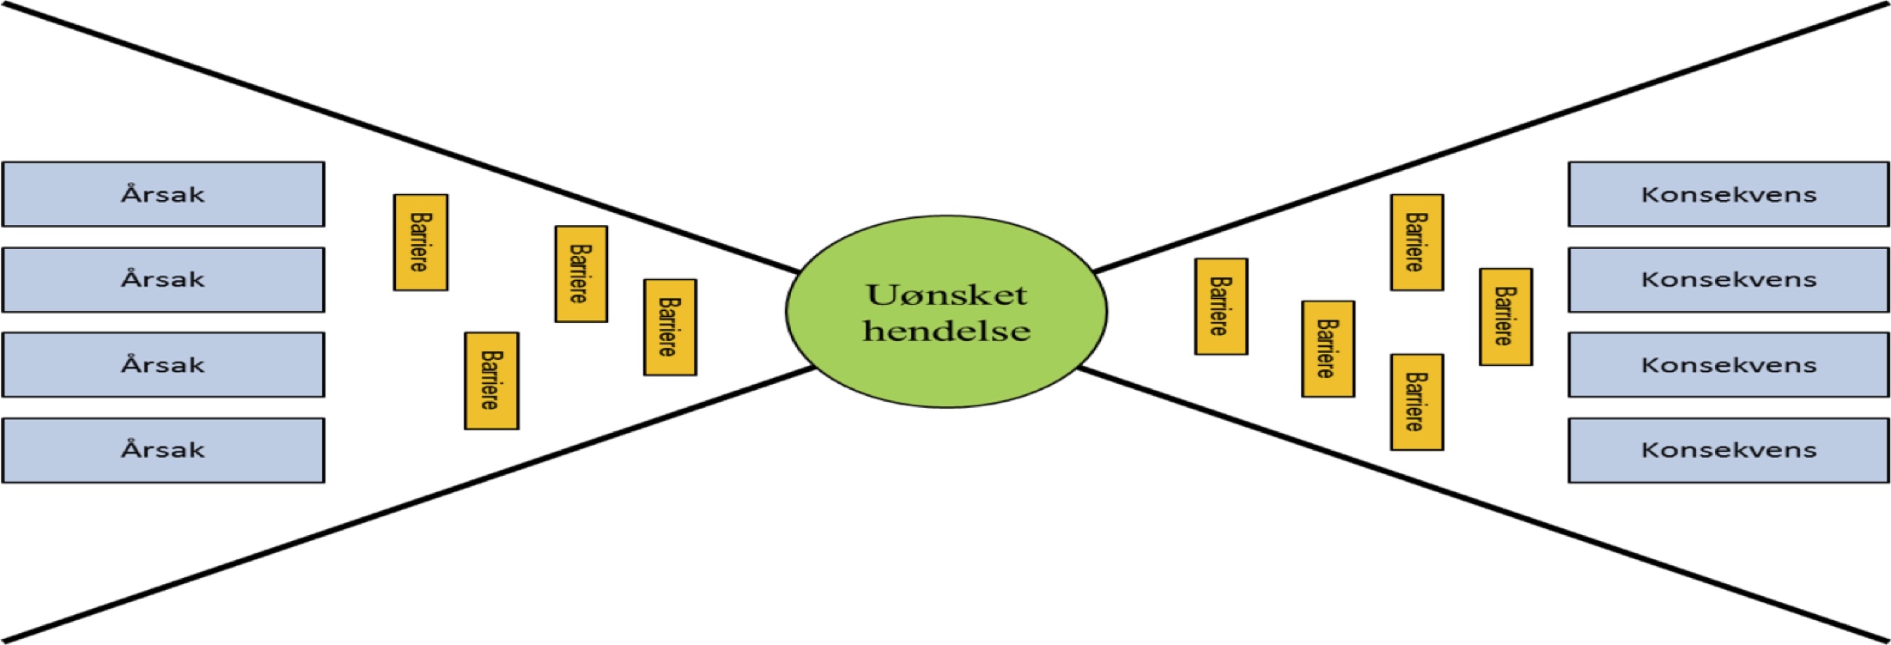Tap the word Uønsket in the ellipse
[x=946, y=295]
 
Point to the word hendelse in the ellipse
[x=946, y=331]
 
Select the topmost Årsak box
[x=163, y=194]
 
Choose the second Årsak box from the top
[x=163, y=279]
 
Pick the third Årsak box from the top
[x=163, y=364]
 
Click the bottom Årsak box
[x=163, y=450]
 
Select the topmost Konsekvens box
[x=1728, y=194]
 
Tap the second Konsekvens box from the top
[x=1728, y=279]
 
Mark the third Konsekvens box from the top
[x=1728, y=364]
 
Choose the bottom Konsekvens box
[x=1728, y=450]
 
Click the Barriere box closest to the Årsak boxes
[x=421, y=242]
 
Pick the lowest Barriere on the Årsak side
[x=491, y=380]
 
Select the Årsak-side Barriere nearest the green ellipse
[x=670, y=327]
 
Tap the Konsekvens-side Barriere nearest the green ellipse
[x=1220, y=307]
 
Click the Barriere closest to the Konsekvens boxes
[x=1505, y=317]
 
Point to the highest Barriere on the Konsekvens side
[x=1417, y=242]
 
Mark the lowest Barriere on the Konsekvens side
[x=1417, y=402]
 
